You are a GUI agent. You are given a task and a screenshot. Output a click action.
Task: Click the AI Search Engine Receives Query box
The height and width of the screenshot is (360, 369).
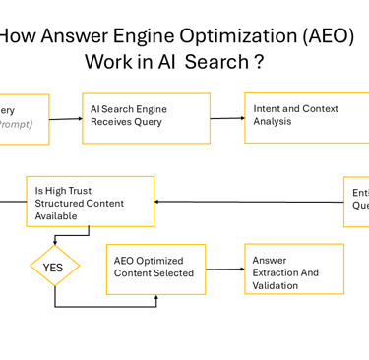(x=146, y=118)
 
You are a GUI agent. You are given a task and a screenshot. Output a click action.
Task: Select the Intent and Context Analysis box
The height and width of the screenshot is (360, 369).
(x=306, y=117)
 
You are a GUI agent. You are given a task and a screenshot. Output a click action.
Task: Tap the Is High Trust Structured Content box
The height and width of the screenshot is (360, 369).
(x=90, y=203)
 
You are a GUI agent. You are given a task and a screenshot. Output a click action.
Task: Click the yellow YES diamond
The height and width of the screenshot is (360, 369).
(x=53, y=267)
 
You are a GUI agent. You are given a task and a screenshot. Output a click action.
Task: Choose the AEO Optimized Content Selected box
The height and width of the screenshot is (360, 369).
(x=155, y=269)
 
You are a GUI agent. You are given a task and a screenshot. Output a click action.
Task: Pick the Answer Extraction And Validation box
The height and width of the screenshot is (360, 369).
(x=294, y=269)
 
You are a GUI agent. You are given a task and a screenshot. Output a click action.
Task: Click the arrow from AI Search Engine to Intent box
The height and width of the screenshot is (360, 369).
(x=226, y=118)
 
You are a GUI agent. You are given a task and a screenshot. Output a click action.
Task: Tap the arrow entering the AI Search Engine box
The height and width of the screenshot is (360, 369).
(x=65, y=119)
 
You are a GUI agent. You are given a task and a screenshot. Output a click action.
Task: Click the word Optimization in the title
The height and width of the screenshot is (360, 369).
(x=232, y=38)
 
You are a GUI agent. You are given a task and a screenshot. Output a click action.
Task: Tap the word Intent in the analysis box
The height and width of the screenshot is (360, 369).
(x=269, y=109)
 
